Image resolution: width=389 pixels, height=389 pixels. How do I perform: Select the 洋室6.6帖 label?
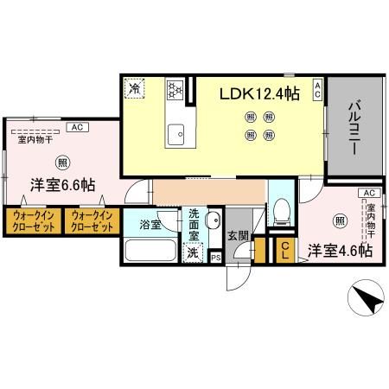pos(63,185)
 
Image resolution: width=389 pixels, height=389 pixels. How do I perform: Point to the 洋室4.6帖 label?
pos(341,251)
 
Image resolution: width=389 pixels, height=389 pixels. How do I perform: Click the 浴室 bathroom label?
pos(150,225)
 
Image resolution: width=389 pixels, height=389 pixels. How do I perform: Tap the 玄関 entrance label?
pos(238,235)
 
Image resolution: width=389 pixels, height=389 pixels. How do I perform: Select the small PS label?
pos(215,257)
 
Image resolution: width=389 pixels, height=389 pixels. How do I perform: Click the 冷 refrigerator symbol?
pos(134,87)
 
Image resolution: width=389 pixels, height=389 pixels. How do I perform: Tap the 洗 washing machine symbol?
pos(193,253)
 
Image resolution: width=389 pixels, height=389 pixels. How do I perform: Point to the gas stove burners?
pos(174,88)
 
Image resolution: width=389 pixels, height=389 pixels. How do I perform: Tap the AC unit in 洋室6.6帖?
pos(76,128)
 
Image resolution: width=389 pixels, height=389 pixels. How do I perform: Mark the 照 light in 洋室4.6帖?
pos(341,221)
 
